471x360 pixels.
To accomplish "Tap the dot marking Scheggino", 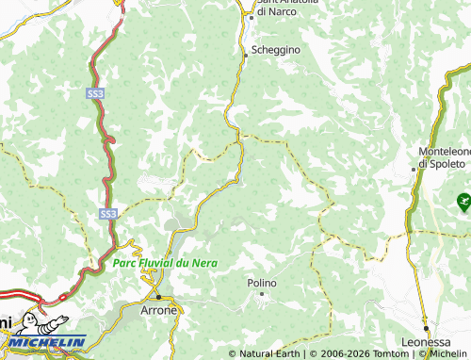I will [x=246, y=56].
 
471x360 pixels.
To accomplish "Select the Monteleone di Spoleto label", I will [x=444, y=156].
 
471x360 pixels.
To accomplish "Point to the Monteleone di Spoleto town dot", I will [x=414, y=170].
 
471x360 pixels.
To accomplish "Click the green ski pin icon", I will [x=463, y=200].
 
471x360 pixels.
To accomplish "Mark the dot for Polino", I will [x=263, y=294].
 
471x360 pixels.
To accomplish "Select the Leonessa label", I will [x=426, y=342].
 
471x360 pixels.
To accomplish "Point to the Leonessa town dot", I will [x=425, y=328].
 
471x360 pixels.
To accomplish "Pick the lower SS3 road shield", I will [x=108, y=215].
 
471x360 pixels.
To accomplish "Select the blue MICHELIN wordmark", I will [x=48, y=343].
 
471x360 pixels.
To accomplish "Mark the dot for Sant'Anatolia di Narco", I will [x=252, y=15].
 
